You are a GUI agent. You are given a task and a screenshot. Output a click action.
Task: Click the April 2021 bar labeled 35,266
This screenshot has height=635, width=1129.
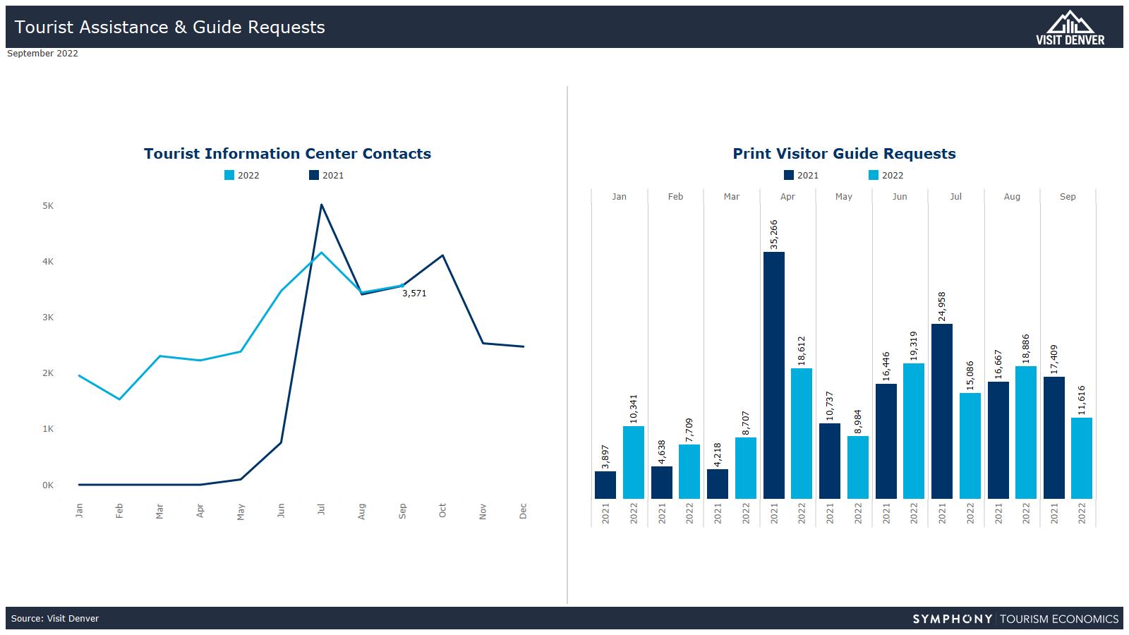pos(773,375)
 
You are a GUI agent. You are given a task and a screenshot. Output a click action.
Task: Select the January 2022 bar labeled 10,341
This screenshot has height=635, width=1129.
pos(633,462)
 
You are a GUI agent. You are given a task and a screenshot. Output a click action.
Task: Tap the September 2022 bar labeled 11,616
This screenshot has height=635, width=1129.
pos(1081,458)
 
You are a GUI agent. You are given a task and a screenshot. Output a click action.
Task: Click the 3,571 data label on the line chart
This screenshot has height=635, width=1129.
pos(414,294)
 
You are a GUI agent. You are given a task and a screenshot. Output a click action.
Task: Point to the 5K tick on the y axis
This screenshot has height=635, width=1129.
pos(48,206)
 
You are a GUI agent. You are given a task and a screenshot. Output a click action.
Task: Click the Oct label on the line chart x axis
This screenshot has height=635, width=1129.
pos(442,511)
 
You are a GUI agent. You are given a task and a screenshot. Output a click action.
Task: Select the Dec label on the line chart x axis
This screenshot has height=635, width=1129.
pos(523,511)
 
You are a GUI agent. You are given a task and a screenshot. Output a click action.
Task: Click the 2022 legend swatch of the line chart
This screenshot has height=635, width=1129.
pos(229,176)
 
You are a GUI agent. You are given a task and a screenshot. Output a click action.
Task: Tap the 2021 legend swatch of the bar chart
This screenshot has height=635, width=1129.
pos(789,176)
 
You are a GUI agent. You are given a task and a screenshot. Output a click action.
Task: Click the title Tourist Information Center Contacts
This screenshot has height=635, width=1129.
pos(287,154)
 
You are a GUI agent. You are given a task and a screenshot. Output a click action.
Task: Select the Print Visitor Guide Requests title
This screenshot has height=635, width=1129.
pos(844,154)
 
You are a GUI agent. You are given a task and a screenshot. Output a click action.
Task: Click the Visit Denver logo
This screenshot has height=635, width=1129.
pos(1070,28)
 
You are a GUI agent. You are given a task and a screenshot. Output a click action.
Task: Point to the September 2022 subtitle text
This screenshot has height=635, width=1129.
pos(42,54)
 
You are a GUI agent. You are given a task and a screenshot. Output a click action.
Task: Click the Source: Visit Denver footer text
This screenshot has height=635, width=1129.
pos(55,619)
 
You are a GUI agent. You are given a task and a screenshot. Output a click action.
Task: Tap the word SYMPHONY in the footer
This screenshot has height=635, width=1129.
pos(952,619)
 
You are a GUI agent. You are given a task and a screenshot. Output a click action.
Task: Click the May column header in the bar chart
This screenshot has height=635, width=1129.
pos(843,197)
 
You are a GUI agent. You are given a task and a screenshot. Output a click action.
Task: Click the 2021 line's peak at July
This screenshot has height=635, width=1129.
pos(322,205)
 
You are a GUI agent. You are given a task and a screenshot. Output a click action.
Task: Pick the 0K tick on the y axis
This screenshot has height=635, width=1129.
pos(48,485)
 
